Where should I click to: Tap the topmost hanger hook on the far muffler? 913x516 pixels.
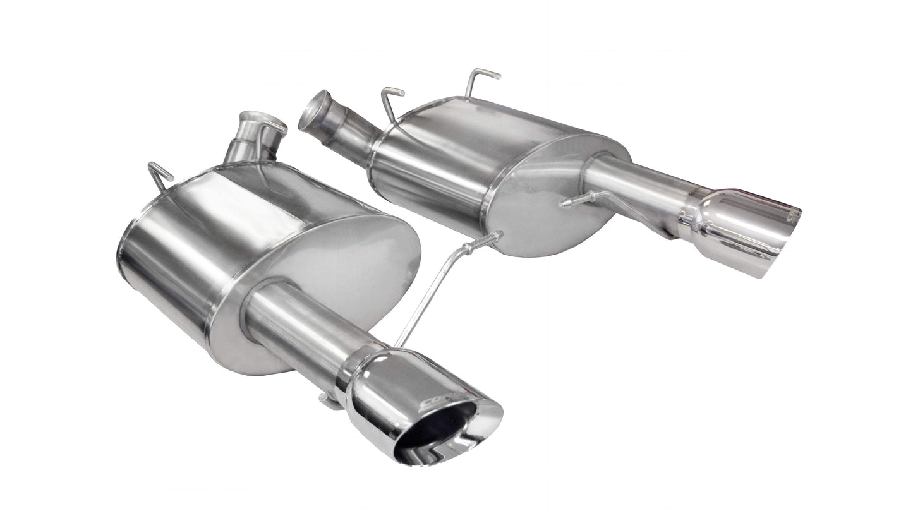(x=481, y=79)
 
